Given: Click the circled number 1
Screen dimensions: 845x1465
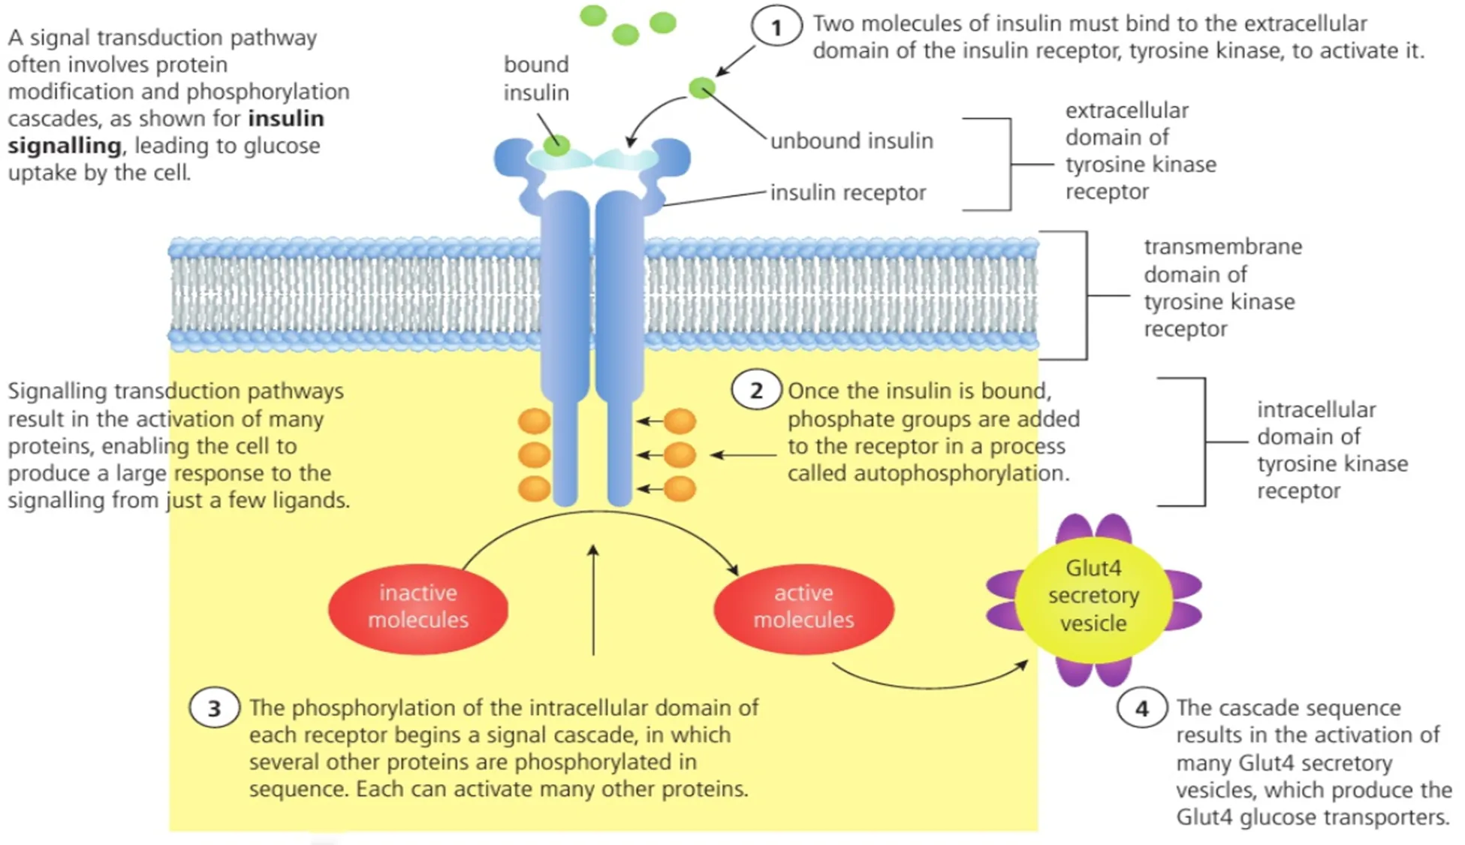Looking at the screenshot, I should pyautogui.click(x=776, y=29).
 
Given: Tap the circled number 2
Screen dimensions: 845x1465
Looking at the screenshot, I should pyautogui.click(x=756, y=391).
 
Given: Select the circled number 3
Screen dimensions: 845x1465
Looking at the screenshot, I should pyautogui.click(x=214, y=708).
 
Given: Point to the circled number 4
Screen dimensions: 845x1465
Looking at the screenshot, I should pyautogui.click(x=1141, y=708).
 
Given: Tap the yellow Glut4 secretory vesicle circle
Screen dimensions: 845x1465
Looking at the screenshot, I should pyautogui.click(x=1093, y=596).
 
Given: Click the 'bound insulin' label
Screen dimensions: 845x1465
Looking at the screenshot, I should pyautogui.click(x=536, y=78).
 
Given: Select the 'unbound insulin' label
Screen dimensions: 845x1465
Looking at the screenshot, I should pyautogui.click(x=852, y=141).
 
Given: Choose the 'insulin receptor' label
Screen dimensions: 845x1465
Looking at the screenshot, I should pyautogui.click(x=848, y=193).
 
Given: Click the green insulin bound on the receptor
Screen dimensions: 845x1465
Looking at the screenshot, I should pyautogui.click(x=556, y=146).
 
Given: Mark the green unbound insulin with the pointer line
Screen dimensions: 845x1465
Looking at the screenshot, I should pyautogui.click(x=702, y=89).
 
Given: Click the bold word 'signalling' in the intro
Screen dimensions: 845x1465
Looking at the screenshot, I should pyautogui.click(x=65, y=146).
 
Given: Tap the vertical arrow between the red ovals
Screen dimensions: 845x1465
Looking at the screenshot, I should pyautogui.click(x=593, y=601).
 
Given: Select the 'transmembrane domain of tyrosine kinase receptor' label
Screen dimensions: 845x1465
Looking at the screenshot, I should pyautogui.click(x=1222, y=288).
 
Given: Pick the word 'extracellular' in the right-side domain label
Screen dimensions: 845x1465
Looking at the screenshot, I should pyautogui.click(x=1126, y=110).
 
